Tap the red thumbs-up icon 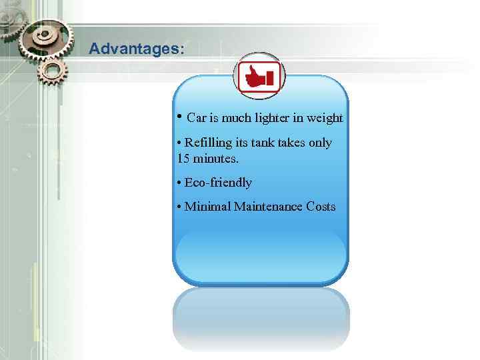point(259,77)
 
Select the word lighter point(270,119)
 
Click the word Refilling point(208,143)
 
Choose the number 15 point(183,159)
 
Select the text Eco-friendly point(218,183)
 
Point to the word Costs point(321,207)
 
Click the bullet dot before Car point(180,116)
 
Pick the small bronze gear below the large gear point(53,70)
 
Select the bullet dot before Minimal point(179,207)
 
